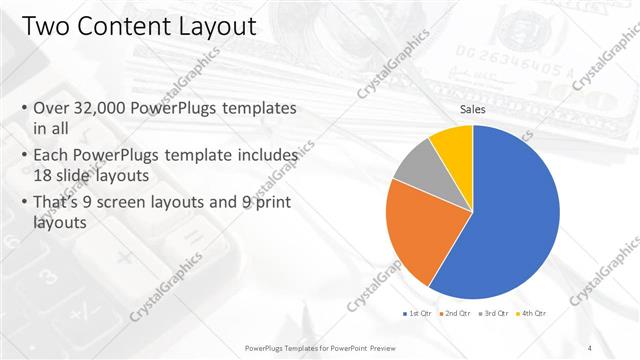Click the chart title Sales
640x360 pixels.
tap(473, 111)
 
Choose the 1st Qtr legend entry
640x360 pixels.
tap(418, 314)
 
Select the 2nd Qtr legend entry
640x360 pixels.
tap(457, 314)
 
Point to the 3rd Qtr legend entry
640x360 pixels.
tap(496, 314)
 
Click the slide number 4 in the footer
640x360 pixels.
tap(589, 347)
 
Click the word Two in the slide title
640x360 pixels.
tap(43, 25)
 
